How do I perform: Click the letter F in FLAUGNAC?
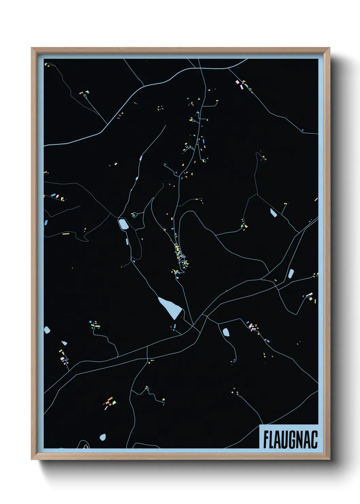tap(266, 440)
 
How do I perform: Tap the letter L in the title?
tap(273, 440)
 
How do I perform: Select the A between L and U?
tap(280, 440)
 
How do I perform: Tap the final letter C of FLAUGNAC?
tap(315, 440)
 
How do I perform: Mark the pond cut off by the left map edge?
tap(47, 330)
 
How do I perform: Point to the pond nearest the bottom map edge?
tap(102, 437)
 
